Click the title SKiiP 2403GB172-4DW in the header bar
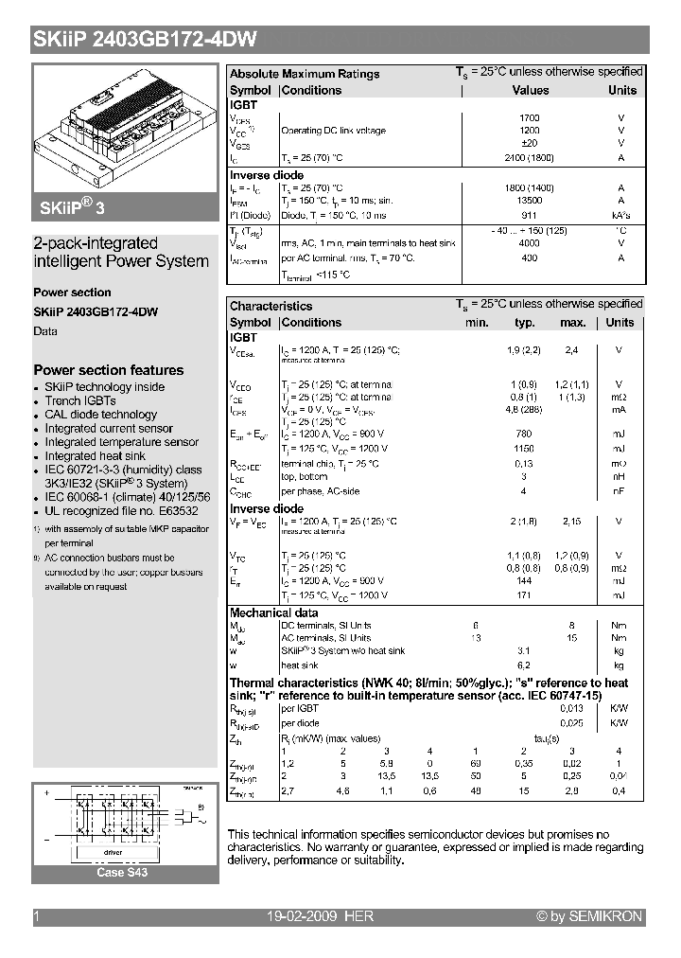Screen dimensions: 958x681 [145, 40]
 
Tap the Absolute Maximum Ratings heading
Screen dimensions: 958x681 [305, 74]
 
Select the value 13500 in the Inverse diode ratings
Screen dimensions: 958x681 [530, 201]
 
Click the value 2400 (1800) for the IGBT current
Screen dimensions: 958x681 [530, 158]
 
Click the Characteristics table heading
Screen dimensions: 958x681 [271, 306]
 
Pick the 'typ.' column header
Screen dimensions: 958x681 [524, 323]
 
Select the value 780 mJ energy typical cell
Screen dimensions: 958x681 [524, 434]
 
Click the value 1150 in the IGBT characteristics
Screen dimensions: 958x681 [524, 448]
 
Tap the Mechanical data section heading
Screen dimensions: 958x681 [275, 612]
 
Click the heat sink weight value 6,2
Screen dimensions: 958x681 [524, 665]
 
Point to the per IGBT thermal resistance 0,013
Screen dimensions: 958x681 [570, 709]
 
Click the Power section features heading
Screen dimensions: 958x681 [109, 370]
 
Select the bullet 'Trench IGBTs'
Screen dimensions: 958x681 [80, 400]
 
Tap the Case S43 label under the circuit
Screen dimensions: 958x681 [123, 873]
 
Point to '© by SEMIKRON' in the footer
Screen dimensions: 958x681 [588, 916]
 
